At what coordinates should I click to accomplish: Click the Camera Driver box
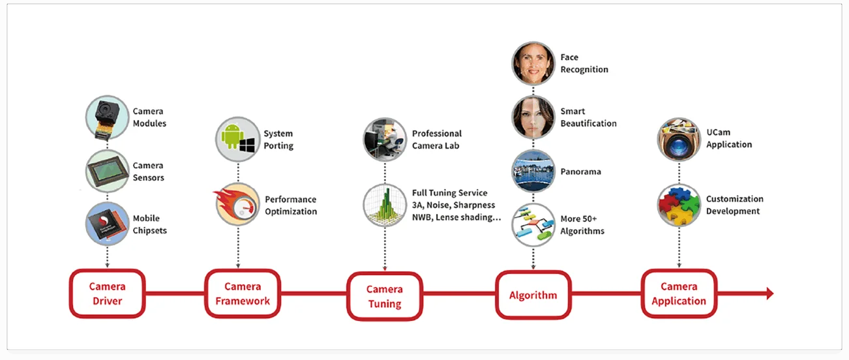point(107,293)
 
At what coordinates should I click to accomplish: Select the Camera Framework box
point(243,293)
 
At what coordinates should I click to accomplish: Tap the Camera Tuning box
point(384,297)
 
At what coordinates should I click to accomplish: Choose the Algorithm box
point(533,295)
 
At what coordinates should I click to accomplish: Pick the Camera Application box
point(679,293)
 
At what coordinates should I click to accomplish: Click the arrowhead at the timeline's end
point(770,293)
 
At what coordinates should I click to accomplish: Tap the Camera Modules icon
point(107,117)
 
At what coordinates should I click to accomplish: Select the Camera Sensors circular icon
point(107,171)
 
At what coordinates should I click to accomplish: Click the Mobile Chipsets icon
point(107,224)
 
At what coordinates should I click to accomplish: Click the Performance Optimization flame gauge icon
point(237,205)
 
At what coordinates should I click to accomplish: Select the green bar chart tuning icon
point(385,205)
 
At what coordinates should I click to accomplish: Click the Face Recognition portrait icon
point(533,63)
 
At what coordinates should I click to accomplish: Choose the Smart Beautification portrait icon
point(533,117)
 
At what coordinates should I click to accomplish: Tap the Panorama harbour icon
point(533,172)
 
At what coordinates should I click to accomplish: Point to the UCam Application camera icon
point(679,139)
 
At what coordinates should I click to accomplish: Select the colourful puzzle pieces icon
point(679,205)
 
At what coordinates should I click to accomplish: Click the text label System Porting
point(278,140)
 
